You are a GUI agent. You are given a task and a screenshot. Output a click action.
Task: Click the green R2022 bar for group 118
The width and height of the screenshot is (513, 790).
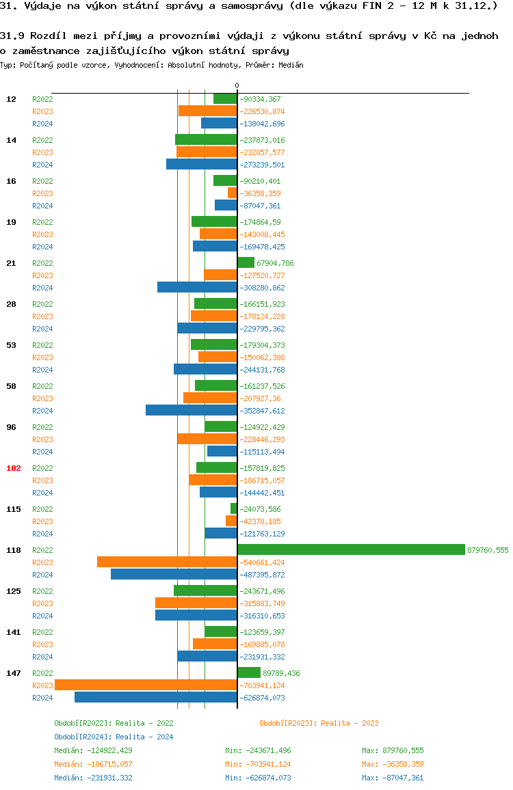(351, 549)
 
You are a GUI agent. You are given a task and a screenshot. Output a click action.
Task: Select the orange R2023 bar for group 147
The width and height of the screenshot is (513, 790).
(146, 685)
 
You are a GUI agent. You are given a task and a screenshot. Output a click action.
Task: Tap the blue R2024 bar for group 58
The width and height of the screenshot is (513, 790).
(192, 410)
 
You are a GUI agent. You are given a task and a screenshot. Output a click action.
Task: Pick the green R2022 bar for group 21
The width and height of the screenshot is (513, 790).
(246, 262)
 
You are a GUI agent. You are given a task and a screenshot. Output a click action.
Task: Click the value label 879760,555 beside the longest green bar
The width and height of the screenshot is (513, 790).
(488, 550)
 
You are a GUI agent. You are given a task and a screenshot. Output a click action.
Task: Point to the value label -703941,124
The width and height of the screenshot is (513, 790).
(262, 685)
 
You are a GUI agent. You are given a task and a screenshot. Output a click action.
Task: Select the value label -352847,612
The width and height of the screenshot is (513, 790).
(262, 411)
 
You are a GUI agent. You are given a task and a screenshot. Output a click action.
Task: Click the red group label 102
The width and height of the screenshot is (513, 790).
(14, 468)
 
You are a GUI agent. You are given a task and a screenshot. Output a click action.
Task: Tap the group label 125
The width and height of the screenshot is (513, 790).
(14, 591)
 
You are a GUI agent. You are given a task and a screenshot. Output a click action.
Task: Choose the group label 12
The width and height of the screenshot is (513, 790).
(11, 99)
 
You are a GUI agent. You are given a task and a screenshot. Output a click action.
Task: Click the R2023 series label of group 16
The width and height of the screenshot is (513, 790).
(42, 193)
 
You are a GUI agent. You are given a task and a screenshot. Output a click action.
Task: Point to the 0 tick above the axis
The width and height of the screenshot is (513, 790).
(237, 85)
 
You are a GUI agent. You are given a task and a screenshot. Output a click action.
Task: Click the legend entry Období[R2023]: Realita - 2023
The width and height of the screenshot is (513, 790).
(319, 723)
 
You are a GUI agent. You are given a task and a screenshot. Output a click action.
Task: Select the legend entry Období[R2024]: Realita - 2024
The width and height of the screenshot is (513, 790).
(114, 737)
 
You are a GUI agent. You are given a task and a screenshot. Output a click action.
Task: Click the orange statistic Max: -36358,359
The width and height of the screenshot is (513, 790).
(393, 764)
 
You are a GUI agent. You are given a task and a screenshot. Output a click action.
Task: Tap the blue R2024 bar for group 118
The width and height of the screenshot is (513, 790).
(174, 574)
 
